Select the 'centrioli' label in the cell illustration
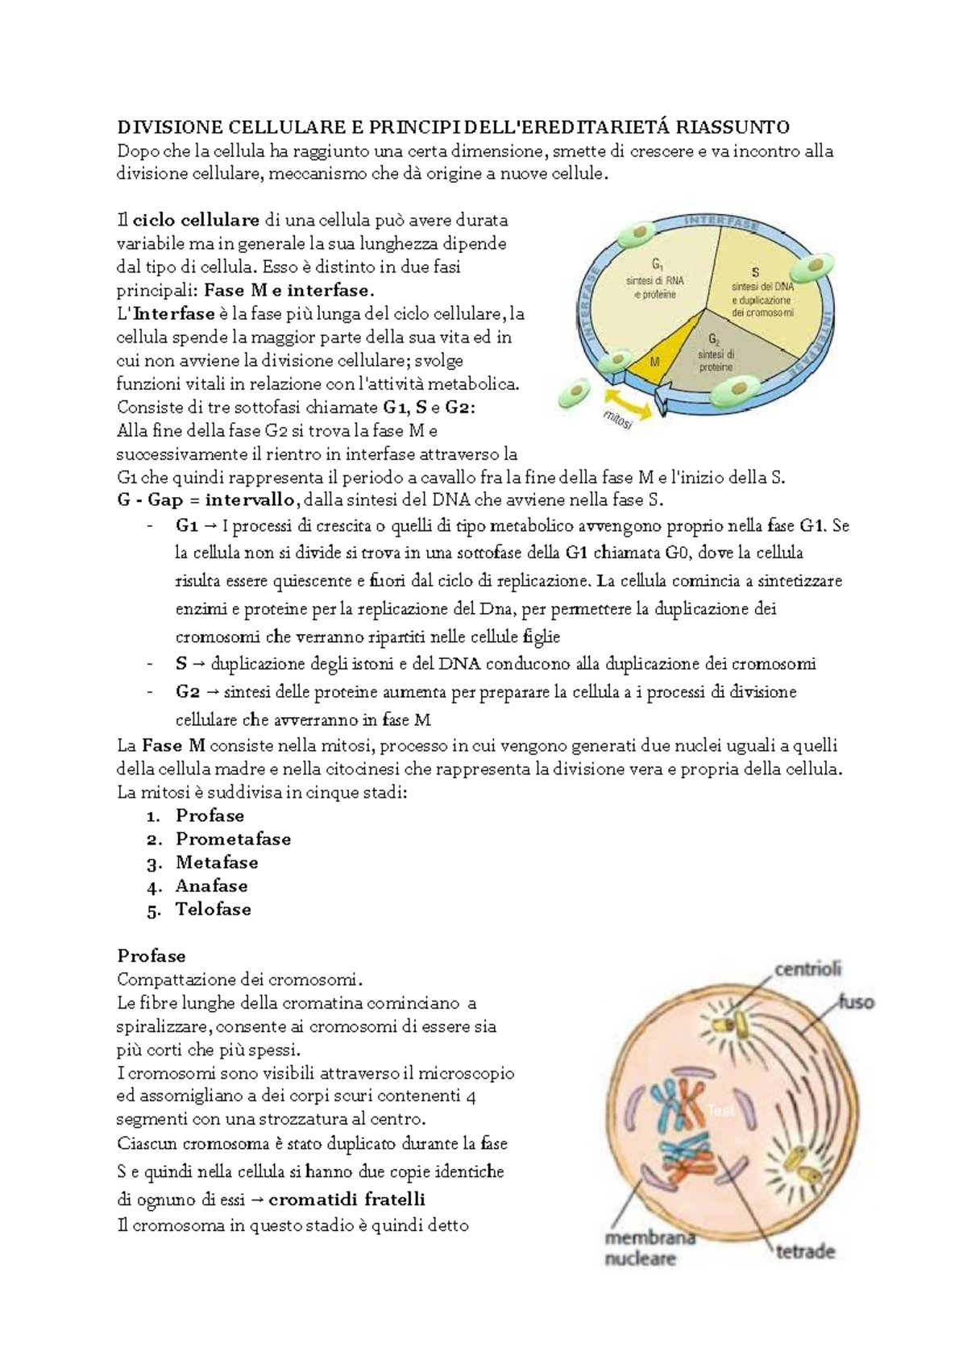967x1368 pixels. pyautogui.click(x=808, y=968)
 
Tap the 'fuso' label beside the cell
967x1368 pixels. pyautogui.click(x=856, y=1003)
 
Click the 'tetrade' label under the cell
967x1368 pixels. pyautogui.click(x=805, y=1252)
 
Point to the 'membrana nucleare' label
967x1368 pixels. pyautogui.click(x=639, y=1248)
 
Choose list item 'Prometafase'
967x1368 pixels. pyautogui.click(x=233, y=839)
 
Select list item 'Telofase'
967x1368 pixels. pyautogui.click(x=214, y=909)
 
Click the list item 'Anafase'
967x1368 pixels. pyautogui.click(x=211, y=885)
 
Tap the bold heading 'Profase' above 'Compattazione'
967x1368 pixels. pyautogui.click(x=151, y=956)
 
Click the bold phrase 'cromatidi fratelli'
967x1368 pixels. pyautogui.click(x=347, y=1199)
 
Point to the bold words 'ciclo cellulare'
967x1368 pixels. pyautogui.click(x=196, y=220)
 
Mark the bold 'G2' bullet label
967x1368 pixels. pyautogui.click(x=187, y=691)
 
